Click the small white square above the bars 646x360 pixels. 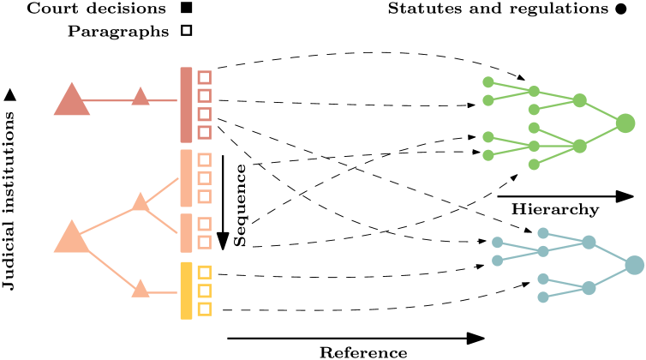(186, 30)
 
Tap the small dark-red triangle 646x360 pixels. (141, 98)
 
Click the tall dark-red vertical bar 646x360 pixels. (186, 105)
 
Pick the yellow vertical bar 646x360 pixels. (186, 291)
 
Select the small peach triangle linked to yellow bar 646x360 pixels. (141, 290)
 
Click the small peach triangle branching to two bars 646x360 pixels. (141, 202)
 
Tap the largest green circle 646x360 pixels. (625, 123)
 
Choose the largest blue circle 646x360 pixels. (634, 265)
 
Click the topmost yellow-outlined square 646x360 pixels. (204, 273)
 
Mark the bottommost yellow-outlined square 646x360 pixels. (204, 309)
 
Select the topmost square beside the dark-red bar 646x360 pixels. (204, 77)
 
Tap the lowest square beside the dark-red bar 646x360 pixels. (204, 132)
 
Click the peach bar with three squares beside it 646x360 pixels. (186, 178)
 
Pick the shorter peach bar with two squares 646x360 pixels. (186, 233)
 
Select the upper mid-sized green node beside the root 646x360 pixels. (579, 100)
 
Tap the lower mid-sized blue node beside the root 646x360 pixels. (589, 288)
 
